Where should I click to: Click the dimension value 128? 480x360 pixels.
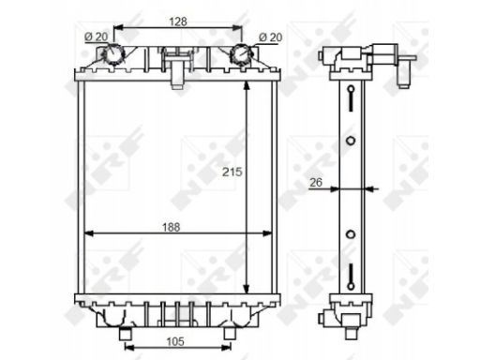[178, 22]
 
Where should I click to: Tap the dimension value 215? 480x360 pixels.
[232, 172]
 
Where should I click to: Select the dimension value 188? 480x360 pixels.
[172, 227]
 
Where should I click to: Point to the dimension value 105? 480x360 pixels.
[175, 341]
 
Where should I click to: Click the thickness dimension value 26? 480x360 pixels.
[316, 182]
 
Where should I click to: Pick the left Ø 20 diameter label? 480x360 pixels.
[97, 37]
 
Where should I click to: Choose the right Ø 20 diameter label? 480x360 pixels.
[271, 37]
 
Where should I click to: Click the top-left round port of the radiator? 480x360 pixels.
[113, 54]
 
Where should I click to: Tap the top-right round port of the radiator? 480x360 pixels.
[241, 54]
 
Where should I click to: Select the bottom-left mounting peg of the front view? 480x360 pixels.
[126, 334]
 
